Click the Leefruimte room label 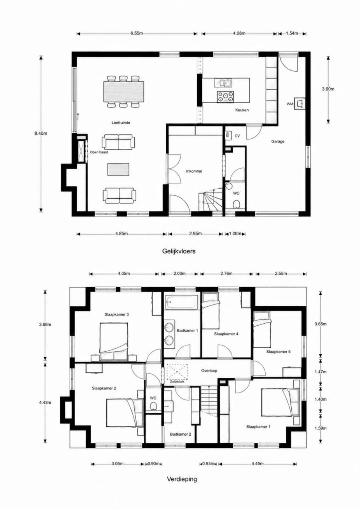point(121,123)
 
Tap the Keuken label point(242,110)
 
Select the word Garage point(278,141)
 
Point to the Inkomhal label point(194,171)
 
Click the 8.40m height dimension point(41,133)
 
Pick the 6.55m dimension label point(137,34)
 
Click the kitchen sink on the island point(223,83)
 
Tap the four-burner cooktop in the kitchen point(226,96)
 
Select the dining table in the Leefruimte point(124,92)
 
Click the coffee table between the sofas point(118,169)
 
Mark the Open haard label point(99,152)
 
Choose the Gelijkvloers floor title point(179,251)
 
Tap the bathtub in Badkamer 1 point(182,302)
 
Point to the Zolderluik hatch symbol point(177,372)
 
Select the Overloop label point(209,371)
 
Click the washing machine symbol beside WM point(299,104)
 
